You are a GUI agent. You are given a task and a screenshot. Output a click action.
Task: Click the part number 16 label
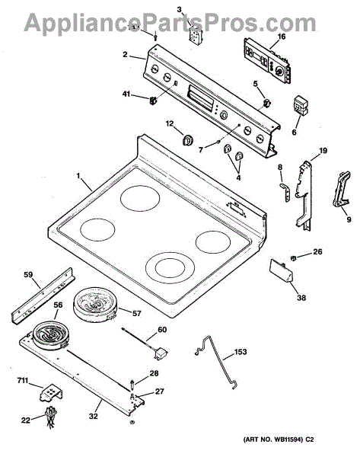click(282, 37)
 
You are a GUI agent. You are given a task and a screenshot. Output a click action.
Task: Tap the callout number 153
click(241, 352)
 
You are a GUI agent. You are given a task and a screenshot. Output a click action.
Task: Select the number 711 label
click(23, 381)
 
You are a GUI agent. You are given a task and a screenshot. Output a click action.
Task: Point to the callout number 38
click(301, 298)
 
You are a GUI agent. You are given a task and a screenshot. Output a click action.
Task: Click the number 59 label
click(28, 274)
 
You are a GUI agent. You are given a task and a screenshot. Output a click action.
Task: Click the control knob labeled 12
click(188, 140)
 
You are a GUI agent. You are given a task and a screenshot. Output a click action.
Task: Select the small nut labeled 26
click(293, 257)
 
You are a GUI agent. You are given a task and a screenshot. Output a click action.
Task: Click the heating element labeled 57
click(95, 305)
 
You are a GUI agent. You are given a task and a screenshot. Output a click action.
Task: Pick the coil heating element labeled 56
click(49, 335)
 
